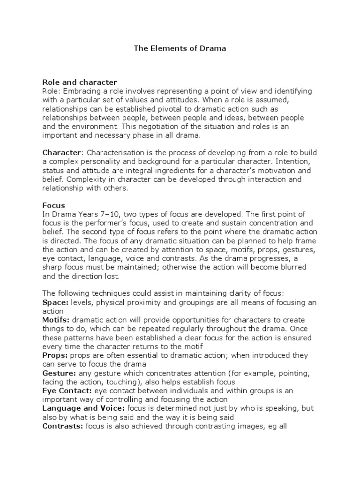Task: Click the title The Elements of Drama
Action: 180,48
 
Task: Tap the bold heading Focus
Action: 53,205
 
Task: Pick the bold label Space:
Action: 54,302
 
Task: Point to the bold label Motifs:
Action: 56,320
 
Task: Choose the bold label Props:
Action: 55,355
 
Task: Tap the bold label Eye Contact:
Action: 67,390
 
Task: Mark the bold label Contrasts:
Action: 63,426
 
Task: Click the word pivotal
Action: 181,109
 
